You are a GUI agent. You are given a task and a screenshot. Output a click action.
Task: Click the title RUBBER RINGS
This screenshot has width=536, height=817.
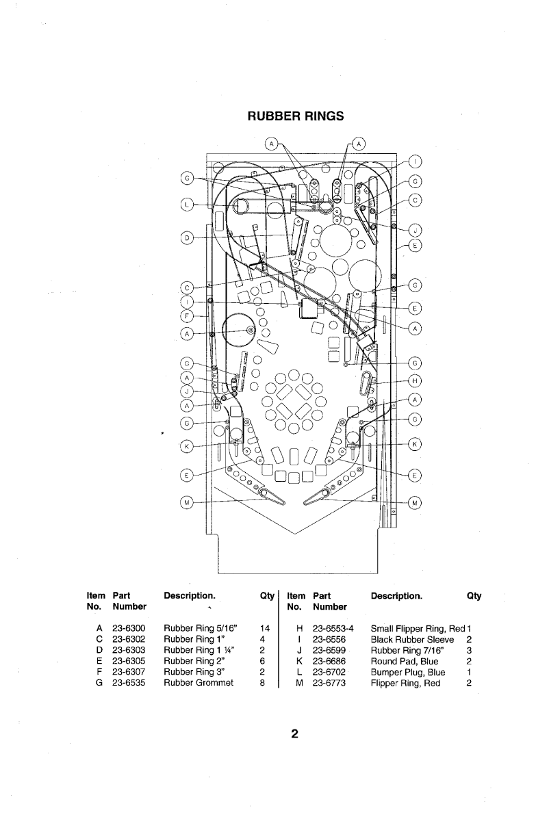295,116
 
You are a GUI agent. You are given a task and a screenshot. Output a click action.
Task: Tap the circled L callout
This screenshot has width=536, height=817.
187,205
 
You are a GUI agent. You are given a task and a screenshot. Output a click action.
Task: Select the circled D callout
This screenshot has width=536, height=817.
187,238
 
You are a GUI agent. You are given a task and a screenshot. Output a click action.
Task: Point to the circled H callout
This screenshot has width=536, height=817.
415,381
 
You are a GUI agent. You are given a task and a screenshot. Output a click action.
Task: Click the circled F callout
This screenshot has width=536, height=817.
187,315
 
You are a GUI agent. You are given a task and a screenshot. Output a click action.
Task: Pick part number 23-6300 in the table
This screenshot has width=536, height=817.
129,628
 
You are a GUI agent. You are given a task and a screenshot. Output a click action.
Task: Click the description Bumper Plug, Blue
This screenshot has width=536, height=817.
408,672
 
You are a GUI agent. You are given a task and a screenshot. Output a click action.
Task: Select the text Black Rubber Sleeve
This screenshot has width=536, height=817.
412,639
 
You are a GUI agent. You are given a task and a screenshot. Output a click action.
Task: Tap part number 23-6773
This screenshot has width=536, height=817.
329,683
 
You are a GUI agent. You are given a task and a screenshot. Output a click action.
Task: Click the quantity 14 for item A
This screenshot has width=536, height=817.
264,628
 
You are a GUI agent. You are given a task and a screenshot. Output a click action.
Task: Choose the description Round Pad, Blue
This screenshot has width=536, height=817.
404,661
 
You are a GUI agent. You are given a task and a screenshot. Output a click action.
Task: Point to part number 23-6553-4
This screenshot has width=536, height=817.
333,628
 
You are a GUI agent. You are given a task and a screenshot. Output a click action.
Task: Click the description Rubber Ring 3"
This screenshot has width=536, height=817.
194,672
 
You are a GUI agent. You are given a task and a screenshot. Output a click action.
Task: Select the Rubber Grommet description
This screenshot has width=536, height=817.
199,683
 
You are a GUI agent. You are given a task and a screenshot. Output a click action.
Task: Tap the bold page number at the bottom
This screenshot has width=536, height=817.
294,734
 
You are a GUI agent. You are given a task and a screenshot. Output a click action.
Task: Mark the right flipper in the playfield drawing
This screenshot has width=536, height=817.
318,497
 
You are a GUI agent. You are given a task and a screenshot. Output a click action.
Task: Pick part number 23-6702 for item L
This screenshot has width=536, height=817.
329,672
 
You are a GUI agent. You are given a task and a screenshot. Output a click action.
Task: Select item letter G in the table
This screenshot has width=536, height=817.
99,683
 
